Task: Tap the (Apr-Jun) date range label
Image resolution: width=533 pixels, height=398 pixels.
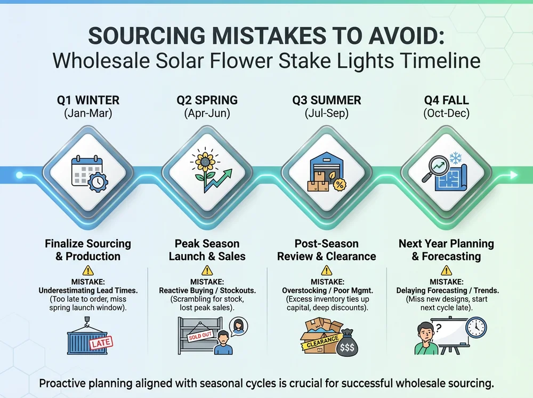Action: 207,114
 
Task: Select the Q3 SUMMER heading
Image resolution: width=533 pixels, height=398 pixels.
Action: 327,100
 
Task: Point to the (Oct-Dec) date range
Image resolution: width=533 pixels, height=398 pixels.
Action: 446,114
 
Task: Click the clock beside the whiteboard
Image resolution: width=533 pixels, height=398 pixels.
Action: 475,327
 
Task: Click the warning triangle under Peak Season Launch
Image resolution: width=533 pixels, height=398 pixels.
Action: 207,270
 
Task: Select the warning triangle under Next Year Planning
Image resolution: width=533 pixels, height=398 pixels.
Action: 446,270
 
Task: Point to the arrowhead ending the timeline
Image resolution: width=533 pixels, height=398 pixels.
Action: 514,174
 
